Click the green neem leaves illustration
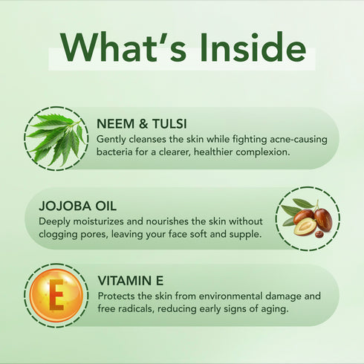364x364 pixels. click(56, 138)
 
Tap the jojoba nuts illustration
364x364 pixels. click(307, 218)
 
